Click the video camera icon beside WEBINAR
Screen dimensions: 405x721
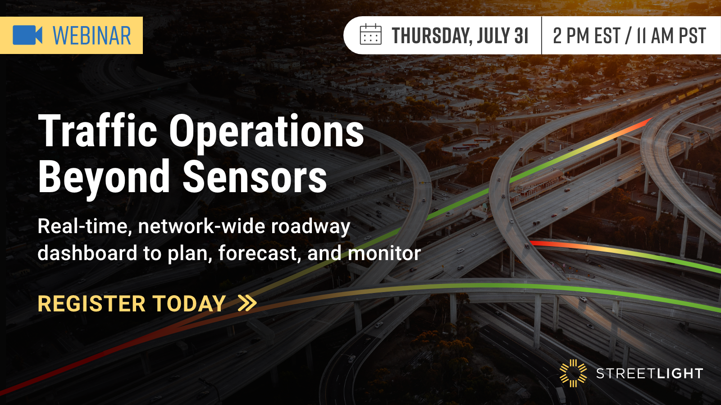pos(27,35)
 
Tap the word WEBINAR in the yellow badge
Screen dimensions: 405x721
pos(92,36)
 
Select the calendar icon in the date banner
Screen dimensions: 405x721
pos(370,35)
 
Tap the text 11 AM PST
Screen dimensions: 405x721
pos(671,36)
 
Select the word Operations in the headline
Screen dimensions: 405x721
pos(266,132)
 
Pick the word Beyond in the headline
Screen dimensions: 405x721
pos(104,177)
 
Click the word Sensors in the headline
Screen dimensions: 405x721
pos(255,177)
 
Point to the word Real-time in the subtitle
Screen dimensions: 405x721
pos(85,226)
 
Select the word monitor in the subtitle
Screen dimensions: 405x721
pos(384,253)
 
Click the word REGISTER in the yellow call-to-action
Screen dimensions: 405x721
pos(91,304)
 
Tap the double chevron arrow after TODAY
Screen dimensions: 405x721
pos(247,303)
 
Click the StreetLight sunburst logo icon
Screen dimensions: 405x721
pos(573,373)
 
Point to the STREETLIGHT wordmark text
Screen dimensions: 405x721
pos(649,373)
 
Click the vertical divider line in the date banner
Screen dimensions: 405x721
pos(541,36)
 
